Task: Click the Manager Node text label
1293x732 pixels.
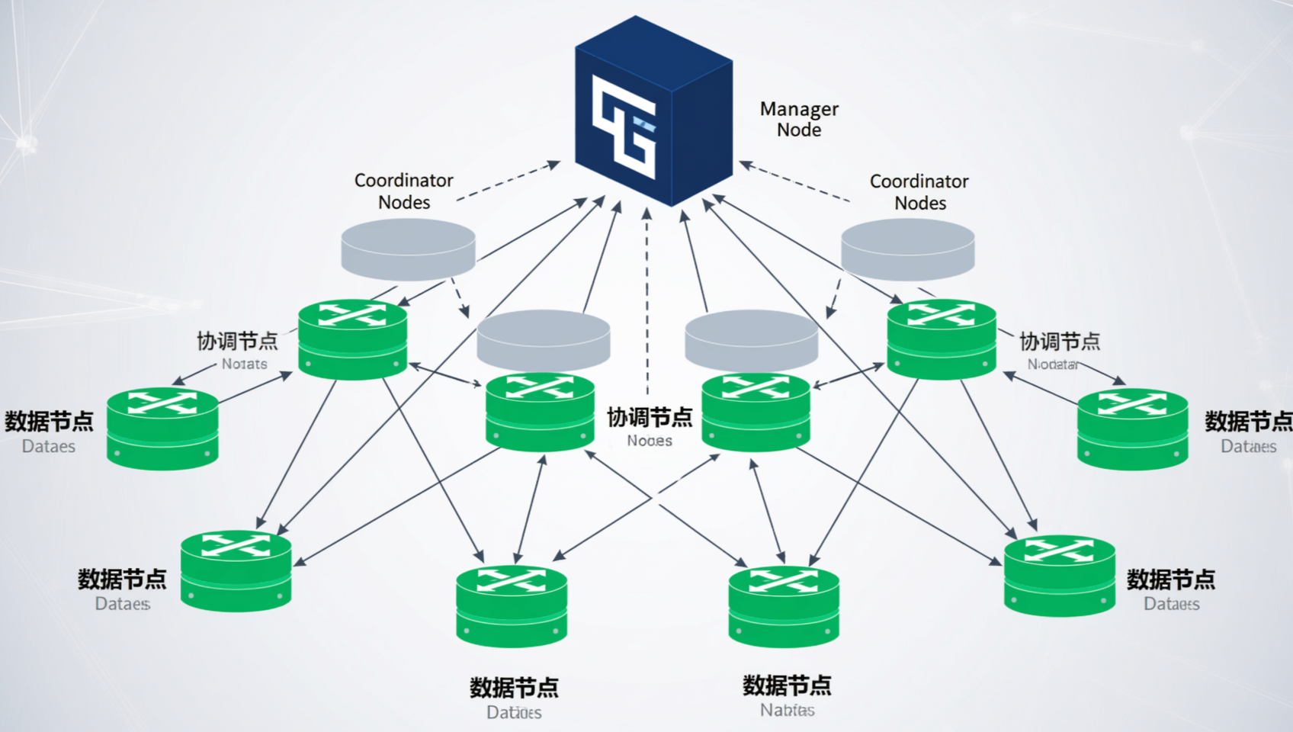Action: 799,119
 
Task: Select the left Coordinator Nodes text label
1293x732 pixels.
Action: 404,191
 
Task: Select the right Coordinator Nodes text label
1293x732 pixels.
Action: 919,192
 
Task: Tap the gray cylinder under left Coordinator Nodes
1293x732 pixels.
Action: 408,249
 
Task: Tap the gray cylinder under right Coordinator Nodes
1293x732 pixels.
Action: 907,249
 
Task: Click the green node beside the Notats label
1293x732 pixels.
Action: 352,339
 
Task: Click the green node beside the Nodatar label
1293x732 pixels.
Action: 942,339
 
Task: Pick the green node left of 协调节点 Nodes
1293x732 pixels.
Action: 540,412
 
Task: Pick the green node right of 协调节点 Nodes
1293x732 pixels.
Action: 756,412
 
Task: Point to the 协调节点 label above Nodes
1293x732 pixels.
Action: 650,417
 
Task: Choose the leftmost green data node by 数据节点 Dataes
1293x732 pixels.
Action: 162,429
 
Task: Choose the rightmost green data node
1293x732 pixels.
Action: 1132,429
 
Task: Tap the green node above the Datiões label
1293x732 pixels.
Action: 512,606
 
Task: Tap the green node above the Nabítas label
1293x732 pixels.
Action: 784,606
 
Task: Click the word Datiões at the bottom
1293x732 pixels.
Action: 514,712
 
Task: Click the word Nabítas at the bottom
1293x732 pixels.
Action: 787,710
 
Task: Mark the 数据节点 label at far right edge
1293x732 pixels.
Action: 1247,421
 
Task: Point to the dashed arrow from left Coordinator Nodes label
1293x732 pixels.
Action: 508,181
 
